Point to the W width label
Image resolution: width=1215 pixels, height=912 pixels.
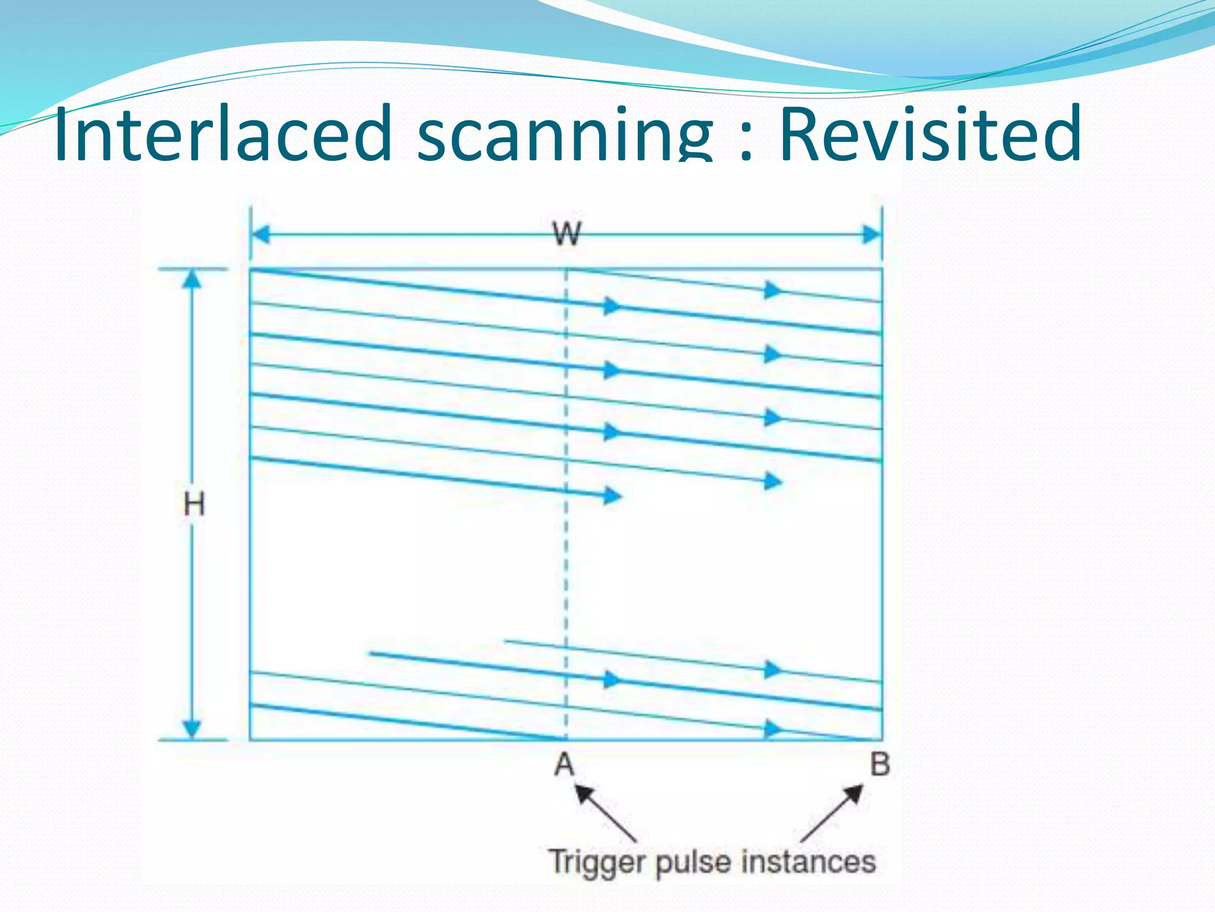(567, 233)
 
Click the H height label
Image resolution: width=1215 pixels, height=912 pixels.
(194, 505)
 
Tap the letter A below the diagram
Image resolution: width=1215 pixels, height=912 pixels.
(564, 764)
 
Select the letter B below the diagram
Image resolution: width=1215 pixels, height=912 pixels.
(880, 764)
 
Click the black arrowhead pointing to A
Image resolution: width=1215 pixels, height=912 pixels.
(584, 793)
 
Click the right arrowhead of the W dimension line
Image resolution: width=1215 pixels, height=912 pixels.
(872, 235)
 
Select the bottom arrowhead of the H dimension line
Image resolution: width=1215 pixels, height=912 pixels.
(192, 729)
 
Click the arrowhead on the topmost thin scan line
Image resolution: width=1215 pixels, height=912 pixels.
(772, 290)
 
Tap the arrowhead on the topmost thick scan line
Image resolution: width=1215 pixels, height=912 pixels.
(612, 306)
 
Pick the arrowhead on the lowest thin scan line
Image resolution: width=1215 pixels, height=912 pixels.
(772, 728)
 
